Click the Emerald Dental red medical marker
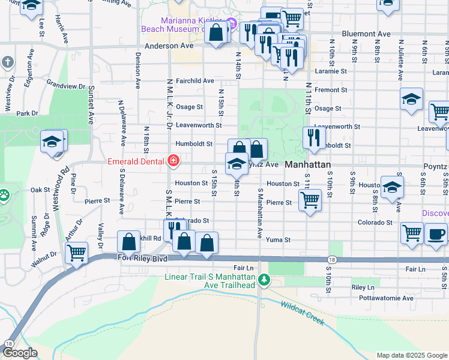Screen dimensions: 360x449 pyautogui.click(x=173, y=160)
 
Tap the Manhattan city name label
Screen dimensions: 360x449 pyautogui.click(x=308, y=164)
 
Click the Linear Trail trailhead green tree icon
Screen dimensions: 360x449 pyautogui.click(x=262, y=279)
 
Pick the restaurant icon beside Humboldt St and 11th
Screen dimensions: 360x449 pyautogui.click(x=314, y=137)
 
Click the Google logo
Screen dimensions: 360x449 pyautogui.click(x=20, y=353)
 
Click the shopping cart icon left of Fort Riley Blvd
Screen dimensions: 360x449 pyautogui.click(x=77, y=252)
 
